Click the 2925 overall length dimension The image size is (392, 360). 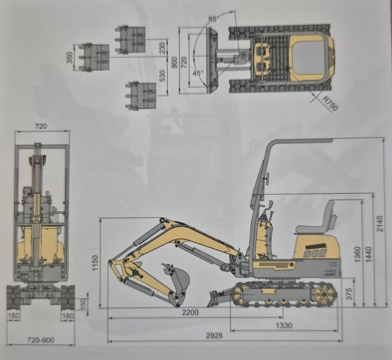coord(214,335)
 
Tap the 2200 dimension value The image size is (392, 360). coord(190,312)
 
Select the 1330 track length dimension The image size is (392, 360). coord(284,325)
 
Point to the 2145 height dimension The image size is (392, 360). coord(379,223)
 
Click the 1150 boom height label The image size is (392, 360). coord(95,263)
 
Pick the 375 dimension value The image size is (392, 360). coord(349,293)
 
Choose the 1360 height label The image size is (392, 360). coord(357,254)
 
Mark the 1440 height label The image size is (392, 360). coord(368,254)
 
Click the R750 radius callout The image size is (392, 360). coord(330,103)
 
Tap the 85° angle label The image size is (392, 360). coord(214,19)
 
